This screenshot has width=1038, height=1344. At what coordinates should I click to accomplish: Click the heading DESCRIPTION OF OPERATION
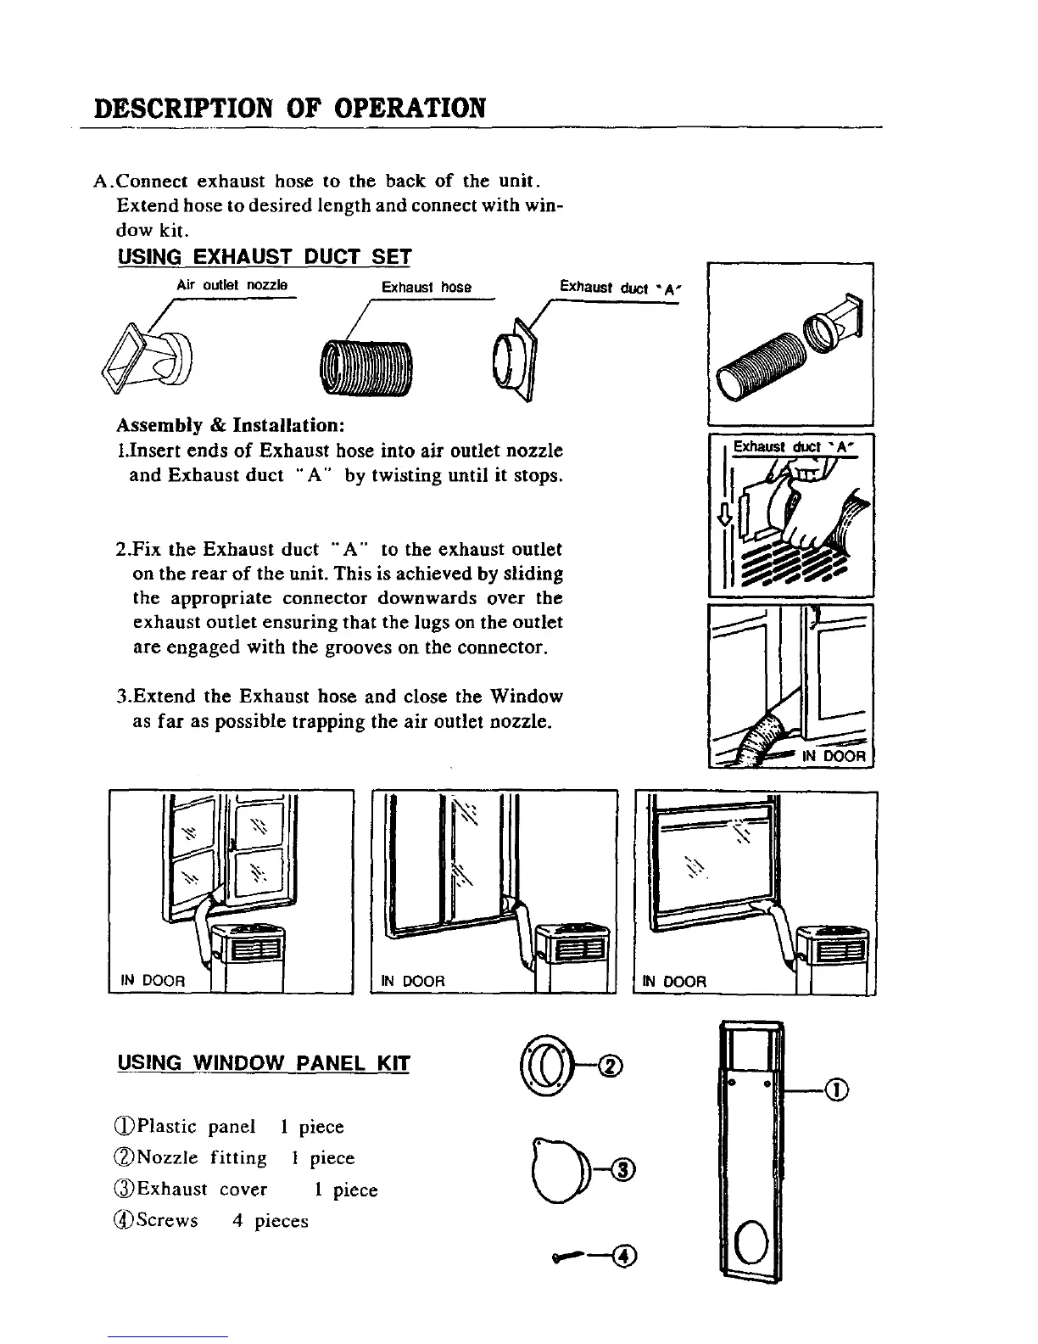tap(291, 109)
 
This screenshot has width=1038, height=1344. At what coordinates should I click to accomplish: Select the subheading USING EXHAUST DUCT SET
tap(264, 256)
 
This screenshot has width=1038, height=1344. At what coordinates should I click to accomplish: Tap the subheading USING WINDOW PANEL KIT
tap(264, 1063)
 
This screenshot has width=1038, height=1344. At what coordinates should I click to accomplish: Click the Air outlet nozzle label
tap(232, 285)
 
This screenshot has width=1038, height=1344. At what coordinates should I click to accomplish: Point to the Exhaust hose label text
tap(427, 287)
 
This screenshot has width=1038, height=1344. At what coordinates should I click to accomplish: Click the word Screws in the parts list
tap(167, 1221)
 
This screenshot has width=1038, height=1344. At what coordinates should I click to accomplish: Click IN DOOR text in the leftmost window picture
tap(153, 981)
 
